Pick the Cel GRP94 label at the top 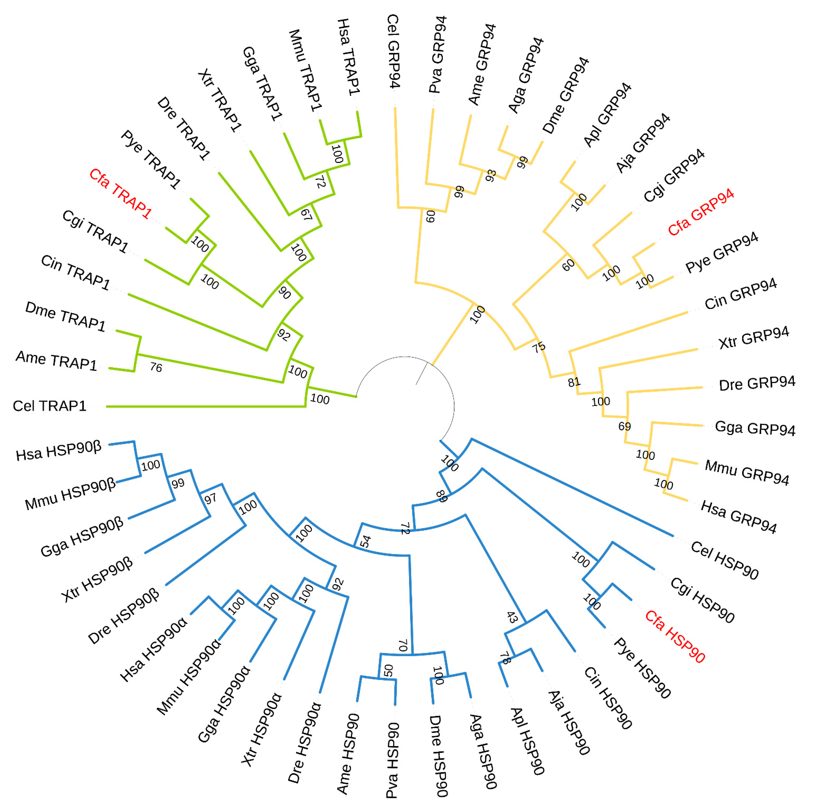[x=393, y=51]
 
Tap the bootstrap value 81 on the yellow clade [x=574, y=382]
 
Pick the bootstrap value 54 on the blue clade [x=365, y=541]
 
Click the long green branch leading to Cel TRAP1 [x=202, y=407]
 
